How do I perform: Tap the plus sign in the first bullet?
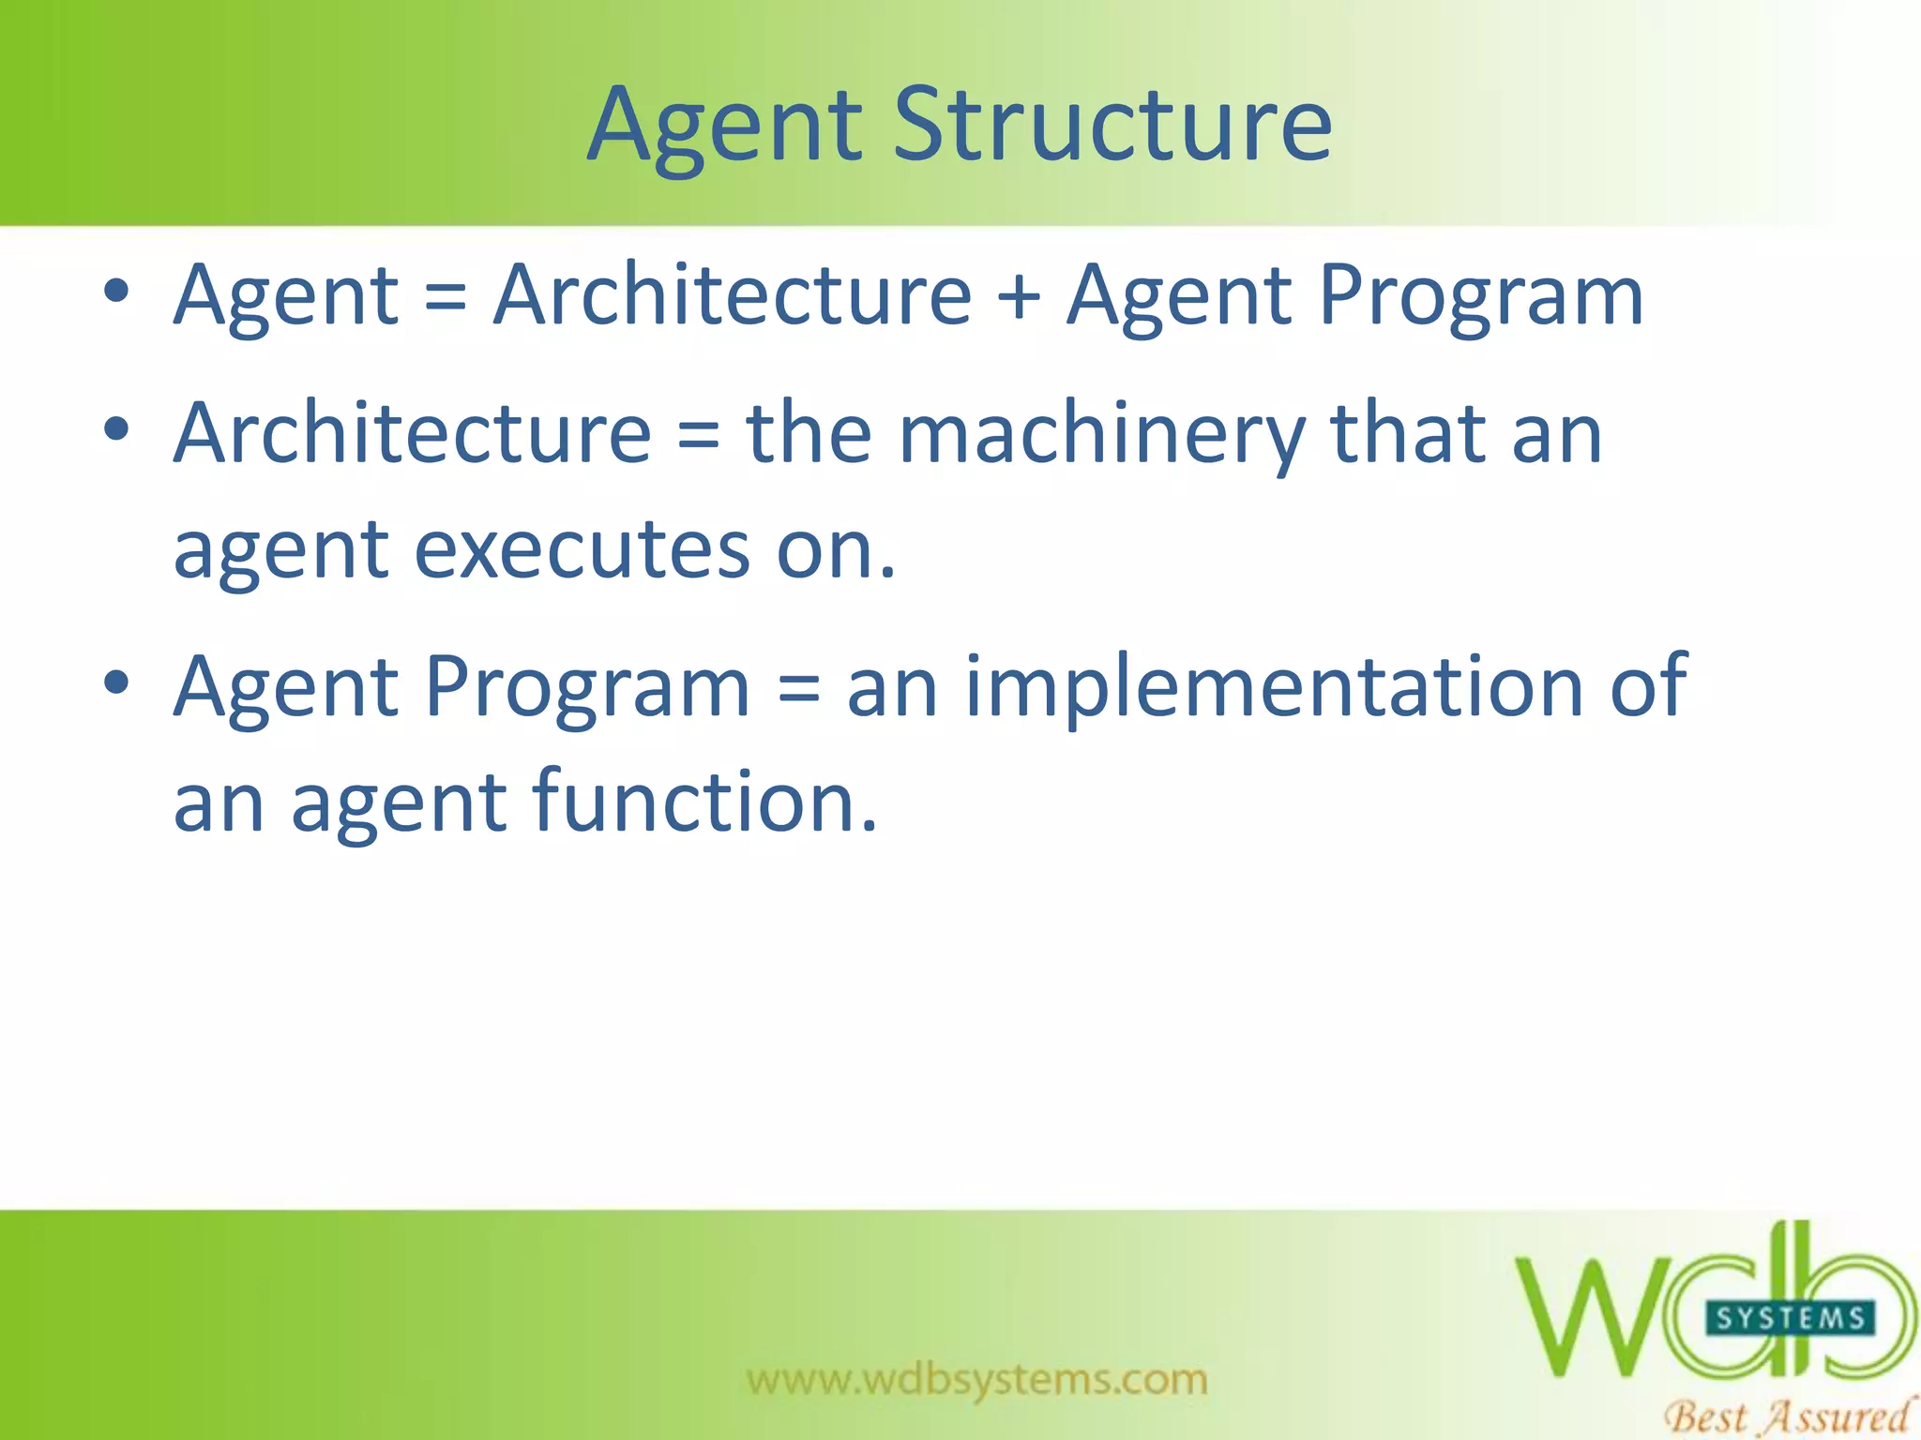point(1019,296)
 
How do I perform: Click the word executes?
point(582,549)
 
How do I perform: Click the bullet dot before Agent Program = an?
point(116,682)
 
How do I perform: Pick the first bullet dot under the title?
point(116,292)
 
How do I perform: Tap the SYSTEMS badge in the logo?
point(1790,1319)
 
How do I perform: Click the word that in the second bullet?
point(1407,433)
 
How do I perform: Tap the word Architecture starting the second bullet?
point(413,433)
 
